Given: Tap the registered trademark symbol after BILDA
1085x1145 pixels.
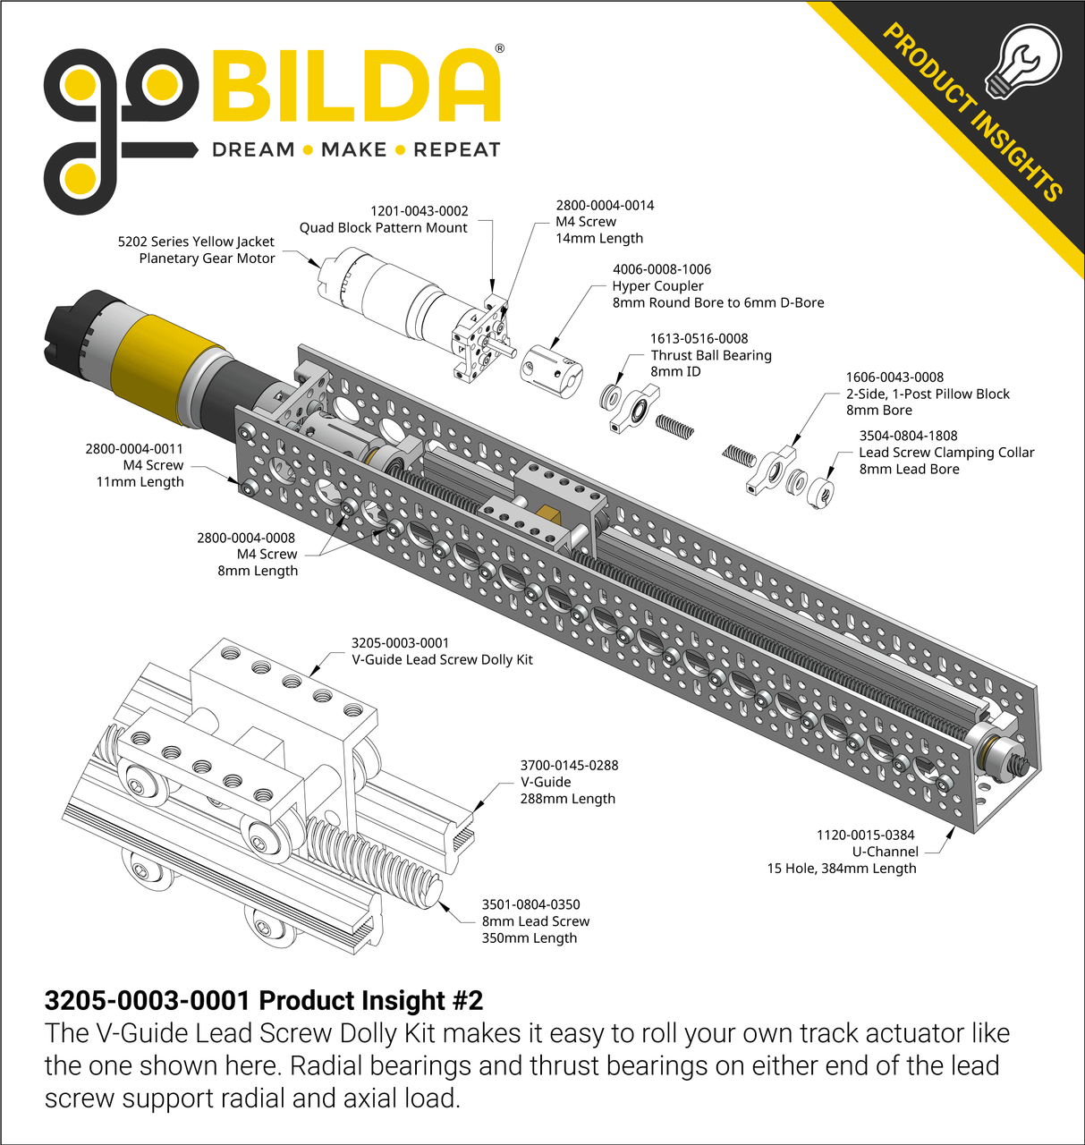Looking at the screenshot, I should pos(499,49).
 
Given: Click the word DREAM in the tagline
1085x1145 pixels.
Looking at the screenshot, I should pos(253,150).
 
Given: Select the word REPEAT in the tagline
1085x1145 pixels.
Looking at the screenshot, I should pos(456,150).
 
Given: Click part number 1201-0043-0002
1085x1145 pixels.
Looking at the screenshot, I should pos(420,211).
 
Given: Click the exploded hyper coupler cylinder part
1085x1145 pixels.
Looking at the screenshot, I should pos(552,369).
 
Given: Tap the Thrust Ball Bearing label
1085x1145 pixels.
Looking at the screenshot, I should pos(710,355).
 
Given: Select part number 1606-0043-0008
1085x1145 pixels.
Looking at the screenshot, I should pos(894,377).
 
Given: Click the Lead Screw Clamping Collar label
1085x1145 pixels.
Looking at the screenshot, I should pos(946,453).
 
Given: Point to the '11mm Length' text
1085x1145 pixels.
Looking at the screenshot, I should pos(140,482).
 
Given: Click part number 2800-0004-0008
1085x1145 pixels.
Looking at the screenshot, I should pos(246,538).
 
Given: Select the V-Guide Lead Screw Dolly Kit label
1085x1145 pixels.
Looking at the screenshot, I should pos(442,660).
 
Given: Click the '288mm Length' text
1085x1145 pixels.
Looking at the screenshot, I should pos(567,799).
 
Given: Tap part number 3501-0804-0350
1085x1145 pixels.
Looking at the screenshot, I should pos(530,904).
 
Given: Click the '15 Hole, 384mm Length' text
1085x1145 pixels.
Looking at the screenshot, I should pos(841,869).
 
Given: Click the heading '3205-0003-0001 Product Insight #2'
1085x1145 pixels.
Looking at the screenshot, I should pos(264,1000).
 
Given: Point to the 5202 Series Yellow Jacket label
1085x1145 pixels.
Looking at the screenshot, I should pos(196,242).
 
